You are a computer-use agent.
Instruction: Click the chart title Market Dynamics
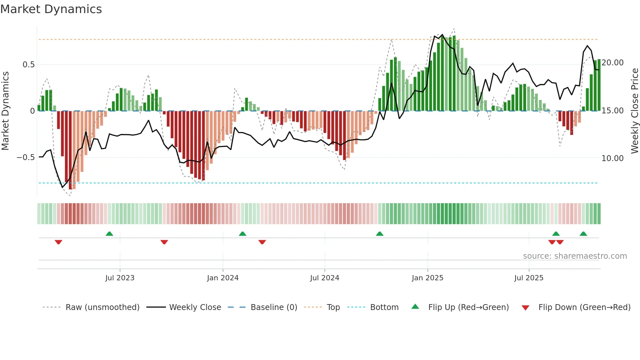[x=51, y=9]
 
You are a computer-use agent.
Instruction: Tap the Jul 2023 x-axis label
[x=120, y=278]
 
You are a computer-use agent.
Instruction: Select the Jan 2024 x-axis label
[x=223, y=278]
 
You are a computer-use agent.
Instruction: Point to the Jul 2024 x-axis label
[x=325, y=278]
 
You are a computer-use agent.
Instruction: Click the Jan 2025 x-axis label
[x=427, y=278]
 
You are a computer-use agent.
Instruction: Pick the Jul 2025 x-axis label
[x=529, y=278]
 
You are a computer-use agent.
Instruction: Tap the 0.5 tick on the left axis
[x=28, y=65]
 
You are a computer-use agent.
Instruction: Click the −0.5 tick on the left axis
[x=25, y=157]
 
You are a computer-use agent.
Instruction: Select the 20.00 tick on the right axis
[x=612, y=63]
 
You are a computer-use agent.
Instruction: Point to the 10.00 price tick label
[x=612, y=158]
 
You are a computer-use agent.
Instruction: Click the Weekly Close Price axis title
[x=634, y=111]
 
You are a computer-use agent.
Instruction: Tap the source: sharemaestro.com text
[x=575, y=256]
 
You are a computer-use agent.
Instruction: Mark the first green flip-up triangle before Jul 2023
[x=109, y=234]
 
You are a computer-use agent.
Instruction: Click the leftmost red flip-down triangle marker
[x=58, y=242]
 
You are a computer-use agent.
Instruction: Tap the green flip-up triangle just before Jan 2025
[x=379, y=234]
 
